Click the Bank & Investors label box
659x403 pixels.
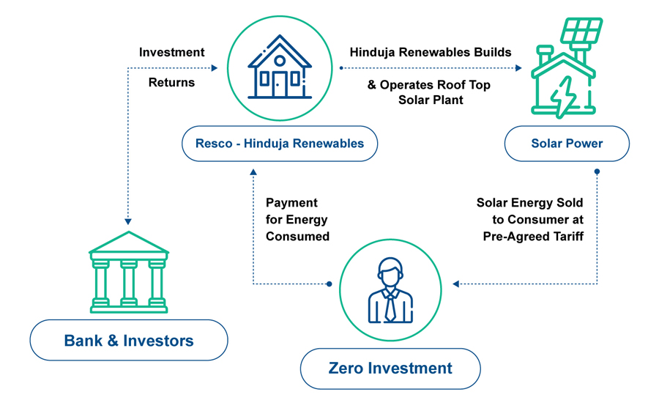point(129,340)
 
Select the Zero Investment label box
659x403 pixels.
point(390,369)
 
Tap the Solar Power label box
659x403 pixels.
point(567,144)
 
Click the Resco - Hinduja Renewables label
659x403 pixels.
point(280,144)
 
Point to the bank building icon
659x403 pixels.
point(129,272)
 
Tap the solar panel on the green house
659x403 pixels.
point(581,30)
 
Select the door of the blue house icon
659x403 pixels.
point(280,84)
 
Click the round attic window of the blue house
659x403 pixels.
point(280,61)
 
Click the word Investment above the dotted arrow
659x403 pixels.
point(171,52)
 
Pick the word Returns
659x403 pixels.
point(171,83)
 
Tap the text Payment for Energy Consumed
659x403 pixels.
point(297,220)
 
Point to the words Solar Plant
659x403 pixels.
point(431,100)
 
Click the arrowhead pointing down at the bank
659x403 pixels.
point(128,221)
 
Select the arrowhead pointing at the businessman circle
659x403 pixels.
point(455,284)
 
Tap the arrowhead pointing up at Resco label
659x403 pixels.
point(253,172)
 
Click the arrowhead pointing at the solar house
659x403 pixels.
point(518,67)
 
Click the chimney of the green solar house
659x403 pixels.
point(545,55)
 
